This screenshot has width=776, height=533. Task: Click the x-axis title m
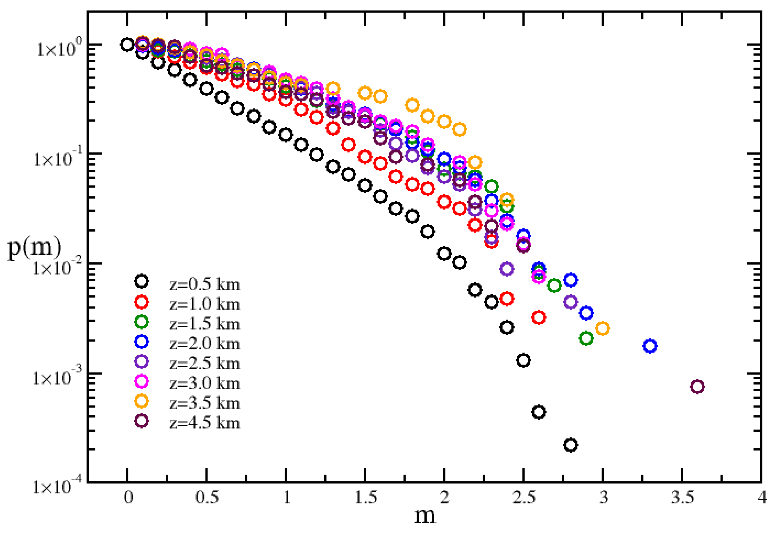pos(424,516)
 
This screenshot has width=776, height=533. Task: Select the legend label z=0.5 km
pos(205,284)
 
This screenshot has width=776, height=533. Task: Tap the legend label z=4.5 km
pos(205,423)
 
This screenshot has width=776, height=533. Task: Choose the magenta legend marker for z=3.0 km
pos(141,381)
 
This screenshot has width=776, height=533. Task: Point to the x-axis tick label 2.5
pos(524,498)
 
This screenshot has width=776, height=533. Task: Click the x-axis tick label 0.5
pos(207,498)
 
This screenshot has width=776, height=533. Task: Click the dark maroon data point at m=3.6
pos(697,387)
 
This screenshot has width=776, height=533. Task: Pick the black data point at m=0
pos(127,44)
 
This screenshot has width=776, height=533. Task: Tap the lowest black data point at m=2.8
pos(570,445)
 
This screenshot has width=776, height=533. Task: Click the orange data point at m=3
pos(603,328)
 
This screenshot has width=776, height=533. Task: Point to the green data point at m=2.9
pos(586,338)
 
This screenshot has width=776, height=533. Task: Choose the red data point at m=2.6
pos(539,317)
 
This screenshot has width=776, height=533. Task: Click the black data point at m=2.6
pos(539,412)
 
